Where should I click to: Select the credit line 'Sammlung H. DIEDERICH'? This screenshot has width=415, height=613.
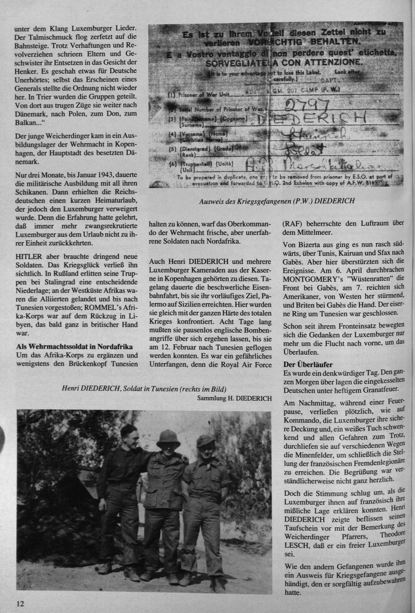coord(234,399)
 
